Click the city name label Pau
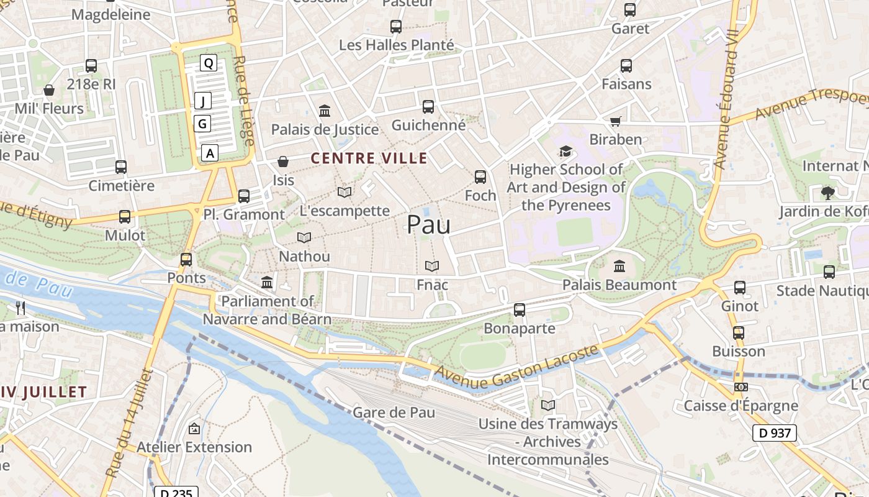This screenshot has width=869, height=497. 428,225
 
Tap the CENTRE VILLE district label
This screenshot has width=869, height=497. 369,158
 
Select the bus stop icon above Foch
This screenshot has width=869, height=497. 480,177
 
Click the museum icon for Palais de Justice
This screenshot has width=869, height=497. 324,111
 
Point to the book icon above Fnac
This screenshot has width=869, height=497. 432,267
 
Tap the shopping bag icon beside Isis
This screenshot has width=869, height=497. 283,162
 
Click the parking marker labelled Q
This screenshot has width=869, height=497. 209,63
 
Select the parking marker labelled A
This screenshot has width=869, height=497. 210,153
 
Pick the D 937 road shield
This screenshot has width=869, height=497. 774,433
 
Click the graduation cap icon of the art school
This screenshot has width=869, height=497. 565,152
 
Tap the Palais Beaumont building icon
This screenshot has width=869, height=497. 619,267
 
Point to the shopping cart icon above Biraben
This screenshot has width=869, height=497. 615,121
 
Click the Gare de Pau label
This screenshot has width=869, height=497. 394,413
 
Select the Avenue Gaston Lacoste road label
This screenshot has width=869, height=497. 518,368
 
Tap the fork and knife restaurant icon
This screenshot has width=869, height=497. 20,308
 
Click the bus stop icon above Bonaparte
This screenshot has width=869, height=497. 520,309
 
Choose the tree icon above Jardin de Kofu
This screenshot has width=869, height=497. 827,193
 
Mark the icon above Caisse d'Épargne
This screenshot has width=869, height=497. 741,387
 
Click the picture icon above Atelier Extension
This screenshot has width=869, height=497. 194,429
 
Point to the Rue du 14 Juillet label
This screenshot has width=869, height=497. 128,422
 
